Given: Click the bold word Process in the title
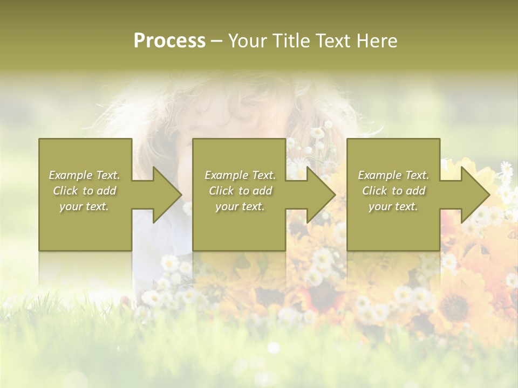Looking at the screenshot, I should [169, 41].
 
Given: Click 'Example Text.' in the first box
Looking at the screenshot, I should [84, 175].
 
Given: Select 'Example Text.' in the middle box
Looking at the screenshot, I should [240, 175].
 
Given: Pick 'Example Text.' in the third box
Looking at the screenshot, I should [393, 175].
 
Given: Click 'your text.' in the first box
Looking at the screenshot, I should [84, 206].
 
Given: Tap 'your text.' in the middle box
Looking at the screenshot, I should [240, 206].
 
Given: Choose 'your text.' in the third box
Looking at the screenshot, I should [393, 206].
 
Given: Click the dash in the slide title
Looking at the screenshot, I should [216, 41].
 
